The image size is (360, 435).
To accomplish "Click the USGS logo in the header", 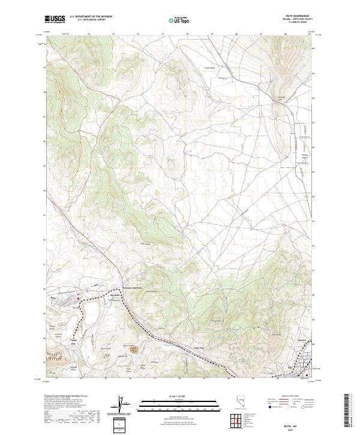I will [55, 20].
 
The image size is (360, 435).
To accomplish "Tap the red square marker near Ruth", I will [77, 299].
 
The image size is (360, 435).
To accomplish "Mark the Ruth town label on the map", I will [53, 296].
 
